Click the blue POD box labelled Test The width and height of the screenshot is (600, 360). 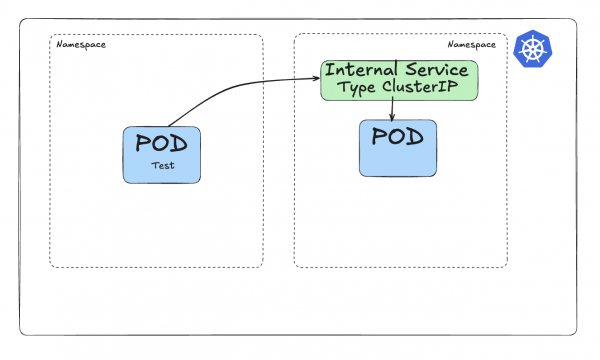[162, 155]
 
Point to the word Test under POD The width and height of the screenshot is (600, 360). [162, 166]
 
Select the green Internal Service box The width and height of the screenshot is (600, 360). [400, 80]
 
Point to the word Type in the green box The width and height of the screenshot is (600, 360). [355, 89]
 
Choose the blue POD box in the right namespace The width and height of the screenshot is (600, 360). [398, 148]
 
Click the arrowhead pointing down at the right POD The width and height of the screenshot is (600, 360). [391, 117]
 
